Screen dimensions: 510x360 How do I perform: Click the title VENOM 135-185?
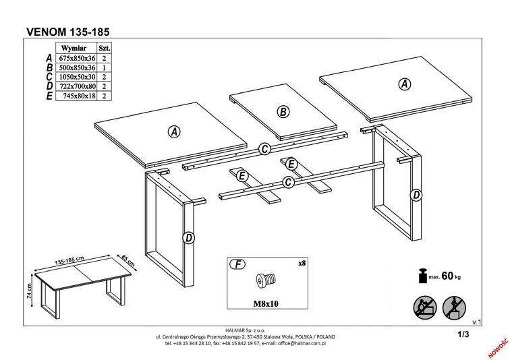(x=67, y=32)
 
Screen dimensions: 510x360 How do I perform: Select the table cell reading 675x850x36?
(x=77, y=59)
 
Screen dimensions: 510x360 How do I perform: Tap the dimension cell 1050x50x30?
(x=77, y=77)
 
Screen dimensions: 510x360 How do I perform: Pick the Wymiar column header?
(x=74, y=48)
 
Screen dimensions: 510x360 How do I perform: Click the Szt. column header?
(x=105, y=48)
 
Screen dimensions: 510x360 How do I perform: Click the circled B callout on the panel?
(x=283, y=112)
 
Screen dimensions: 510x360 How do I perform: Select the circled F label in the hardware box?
(x=237, y=264)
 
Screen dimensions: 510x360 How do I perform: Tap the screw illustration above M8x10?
(x=266, y=280)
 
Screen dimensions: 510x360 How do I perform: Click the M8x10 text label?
(x=266, y=304)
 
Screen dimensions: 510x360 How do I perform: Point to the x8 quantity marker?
(x=302, y=263)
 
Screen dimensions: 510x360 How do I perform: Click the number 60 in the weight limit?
(x=447, y=276)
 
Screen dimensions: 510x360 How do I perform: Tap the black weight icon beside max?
(x=423, y=276)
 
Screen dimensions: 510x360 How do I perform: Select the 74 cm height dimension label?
(x=29, y=291)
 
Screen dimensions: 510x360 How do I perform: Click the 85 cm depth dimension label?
(x=128, y=261)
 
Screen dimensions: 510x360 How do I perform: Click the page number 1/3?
(x=463, y=334)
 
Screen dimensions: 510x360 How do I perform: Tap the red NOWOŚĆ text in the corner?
(x=498, y=347)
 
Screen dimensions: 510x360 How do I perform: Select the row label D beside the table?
(x=49, y=86)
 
